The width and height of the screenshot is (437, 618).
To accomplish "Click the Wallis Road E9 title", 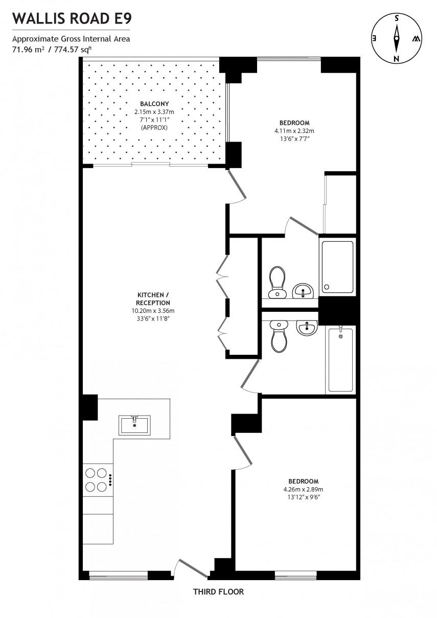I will tap(72, 19).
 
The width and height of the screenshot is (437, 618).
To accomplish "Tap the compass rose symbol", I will tap(396, 38).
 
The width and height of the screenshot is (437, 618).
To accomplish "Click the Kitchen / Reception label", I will tap(150, 299).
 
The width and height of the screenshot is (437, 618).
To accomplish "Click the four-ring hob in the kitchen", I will tap(96, 479).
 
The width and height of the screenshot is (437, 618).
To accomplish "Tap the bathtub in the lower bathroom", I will tap(340, 359).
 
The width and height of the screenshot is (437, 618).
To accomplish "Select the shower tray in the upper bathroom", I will tap(337, 267).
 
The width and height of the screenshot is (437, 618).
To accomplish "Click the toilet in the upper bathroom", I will tap(278, 282).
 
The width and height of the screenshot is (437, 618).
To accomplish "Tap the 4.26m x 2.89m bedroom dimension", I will tap(303, 489).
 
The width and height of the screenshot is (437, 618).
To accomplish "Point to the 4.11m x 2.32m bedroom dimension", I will tap(294, 130).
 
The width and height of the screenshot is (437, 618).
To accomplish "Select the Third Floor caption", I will tap(218, 592).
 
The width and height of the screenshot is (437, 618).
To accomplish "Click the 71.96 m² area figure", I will tap(27, 50).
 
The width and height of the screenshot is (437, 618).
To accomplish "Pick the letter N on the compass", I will tap(396, 59).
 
